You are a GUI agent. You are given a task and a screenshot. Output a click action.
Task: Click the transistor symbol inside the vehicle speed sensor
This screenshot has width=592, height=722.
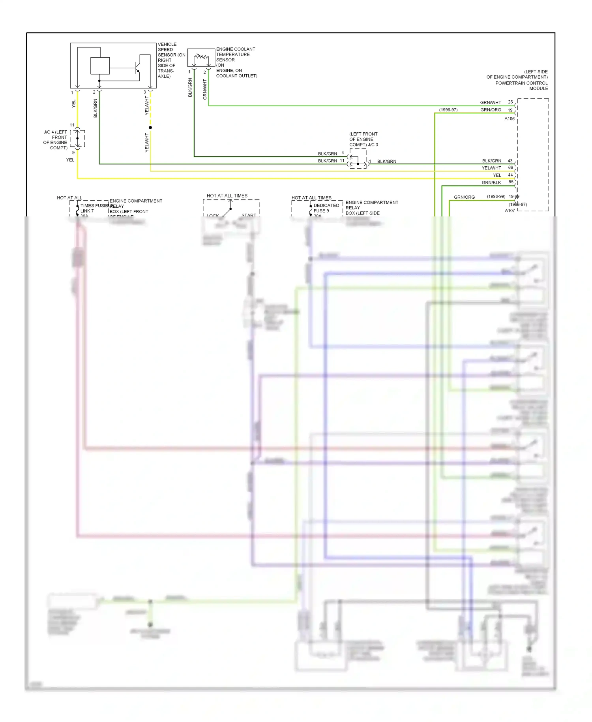pyautogui.click(x=137, y=68)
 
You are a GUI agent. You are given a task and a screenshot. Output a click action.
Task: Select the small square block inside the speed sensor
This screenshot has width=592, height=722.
pyautogui.click(x=100, y=66)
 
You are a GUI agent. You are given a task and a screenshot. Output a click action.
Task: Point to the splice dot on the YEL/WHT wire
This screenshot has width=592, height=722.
pyautogui.click(x=150, y=128)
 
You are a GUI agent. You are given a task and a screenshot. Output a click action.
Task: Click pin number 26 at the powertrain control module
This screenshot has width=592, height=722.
pyautogui.click(x=510, y=102)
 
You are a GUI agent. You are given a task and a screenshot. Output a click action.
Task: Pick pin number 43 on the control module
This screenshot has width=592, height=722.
pyautogui.click(x=510, y=161)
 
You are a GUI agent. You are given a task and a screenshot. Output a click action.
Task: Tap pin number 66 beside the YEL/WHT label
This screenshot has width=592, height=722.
pyautogui.click(x=510, y=167)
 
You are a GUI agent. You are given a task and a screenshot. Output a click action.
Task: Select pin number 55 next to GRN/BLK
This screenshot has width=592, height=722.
pyautogui.click(x=511, y=182)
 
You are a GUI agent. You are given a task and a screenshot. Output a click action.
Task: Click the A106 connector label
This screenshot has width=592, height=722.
pyautogui.click(x=510, y=118)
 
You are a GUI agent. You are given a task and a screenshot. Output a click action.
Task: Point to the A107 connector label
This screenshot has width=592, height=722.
pyautogui.click(x=510, y=211)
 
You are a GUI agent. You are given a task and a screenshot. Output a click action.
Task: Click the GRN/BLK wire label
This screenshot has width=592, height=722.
pyautogui.click(x=491, y=182)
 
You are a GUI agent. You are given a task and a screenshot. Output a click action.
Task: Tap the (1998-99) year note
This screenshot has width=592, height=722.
pyautogui.click(x=496, y=196)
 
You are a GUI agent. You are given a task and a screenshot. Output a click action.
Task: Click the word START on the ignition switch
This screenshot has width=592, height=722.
pyautogui.click(x=249, y=215)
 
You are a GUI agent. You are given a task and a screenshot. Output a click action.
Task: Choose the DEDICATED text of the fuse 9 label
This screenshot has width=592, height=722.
pyautogui.click(x=326, y=205)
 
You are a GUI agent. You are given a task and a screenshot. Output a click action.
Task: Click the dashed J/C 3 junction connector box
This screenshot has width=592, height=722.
pyautogui.click(x=358, y=159)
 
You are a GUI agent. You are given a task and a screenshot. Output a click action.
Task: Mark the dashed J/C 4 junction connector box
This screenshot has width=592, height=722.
pyautogui.click(x=78, y=139)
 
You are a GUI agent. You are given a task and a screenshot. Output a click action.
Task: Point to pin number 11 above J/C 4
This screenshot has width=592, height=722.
pyautogui.click(x=72, y=125)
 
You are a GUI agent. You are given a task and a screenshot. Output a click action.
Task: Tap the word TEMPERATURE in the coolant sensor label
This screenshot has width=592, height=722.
pyautogui.click(x=233, y=55)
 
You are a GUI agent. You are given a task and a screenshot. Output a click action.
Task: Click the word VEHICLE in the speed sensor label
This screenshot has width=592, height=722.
pyautogui.click(x=167, y=44)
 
